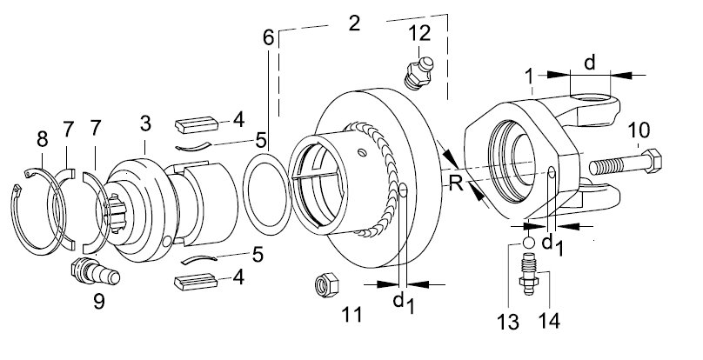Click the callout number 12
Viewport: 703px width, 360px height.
(x=419, y=33)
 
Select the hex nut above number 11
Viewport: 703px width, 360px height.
(x=325, y=284)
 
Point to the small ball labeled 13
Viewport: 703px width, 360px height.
(x=529, y=243)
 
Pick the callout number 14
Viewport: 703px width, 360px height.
(x=549, y=321)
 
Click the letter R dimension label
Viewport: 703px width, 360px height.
(x=456, y=183)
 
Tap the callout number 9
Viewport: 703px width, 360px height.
(x=99, y=301)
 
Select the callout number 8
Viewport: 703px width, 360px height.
(x=42, y=139)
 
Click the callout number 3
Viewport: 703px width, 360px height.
(x=145, y=123)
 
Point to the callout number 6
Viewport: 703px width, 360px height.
(x=268, y=38)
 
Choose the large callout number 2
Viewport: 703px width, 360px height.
(x=354, y=23)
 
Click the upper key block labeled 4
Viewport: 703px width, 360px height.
(x=197, y=124)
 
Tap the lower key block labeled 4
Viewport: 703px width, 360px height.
(x=195, y=282)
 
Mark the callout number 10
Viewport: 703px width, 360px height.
(x=639, y=130)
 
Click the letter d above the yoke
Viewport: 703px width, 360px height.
(x=590, y=63)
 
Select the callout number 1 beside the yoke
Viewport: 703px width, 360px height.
(x=529, y=77)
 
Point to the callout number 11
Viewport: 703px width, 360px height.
(x=351, y=315)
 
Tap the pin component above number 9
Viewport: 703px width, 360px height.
(x=95, y=270)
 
